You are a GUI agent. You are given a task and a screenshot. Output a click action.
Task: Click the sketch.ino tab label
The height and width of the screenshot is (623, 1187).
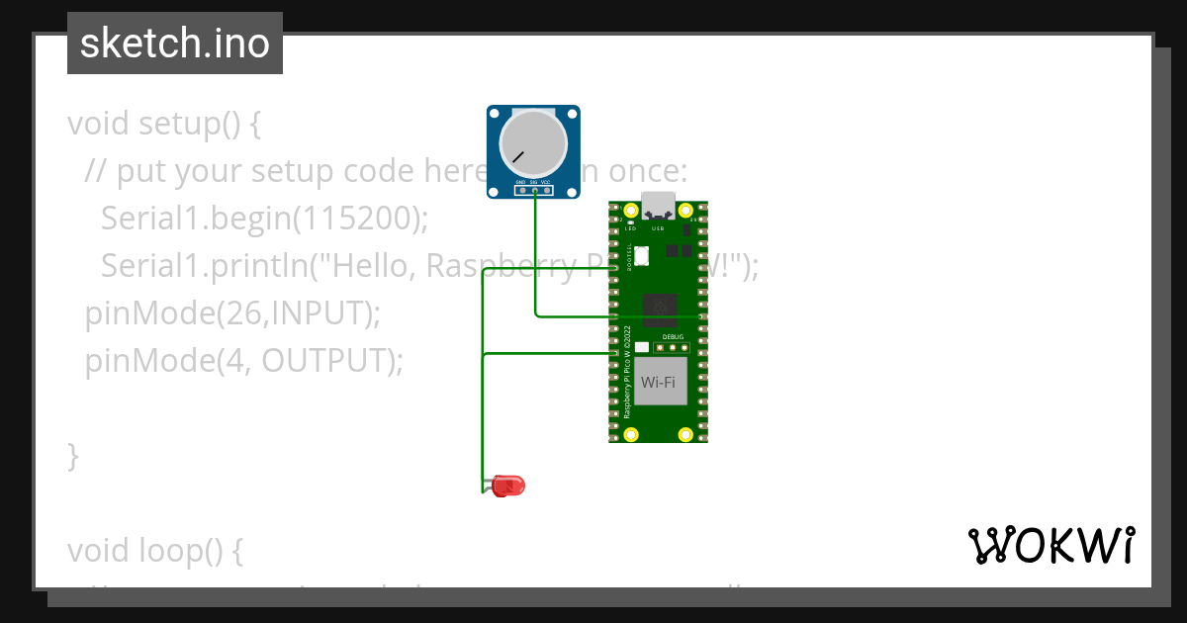tap(174, 44)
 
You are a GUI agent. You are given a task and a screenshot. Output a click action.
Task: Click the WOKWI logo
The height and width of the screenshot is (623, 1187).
tap(1050, 546)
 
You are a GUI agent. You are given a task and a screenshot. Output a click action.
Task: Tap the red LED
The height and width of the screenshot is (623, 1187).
tap(508, 486)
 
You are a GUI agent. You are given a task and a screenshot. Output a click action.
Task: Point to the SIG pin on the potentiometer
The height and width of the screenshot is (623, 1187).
tap(534, 190)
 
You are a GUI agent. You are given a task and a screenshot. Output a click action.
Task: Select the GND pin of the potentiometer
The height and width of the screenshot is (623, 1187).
tap(521, 190)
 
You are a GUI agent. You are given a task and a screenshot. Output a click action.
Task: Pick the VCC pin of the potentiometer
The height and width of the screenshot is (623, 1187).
tap(546, 190)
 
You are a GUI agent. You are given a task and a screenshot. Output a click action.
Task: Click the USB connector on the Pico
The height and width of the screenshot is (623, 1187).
tap(658, 205)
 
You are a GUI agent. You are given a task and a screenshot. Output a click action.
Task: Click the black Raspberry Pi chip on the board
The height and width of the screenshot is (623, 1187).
tap(660, 311)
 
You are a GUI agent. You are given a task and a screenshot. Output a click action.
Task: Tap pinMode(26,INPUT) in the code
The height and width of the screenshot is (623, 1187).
tap(232, 313)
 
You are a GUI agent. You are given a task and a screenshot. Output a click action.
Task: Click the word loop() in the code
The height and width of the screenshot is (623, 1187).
tap(194, 552)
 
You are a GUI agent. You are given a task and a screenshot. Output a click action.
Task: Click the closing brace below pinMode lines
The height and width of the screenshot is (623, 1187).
tap(72, 457)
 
